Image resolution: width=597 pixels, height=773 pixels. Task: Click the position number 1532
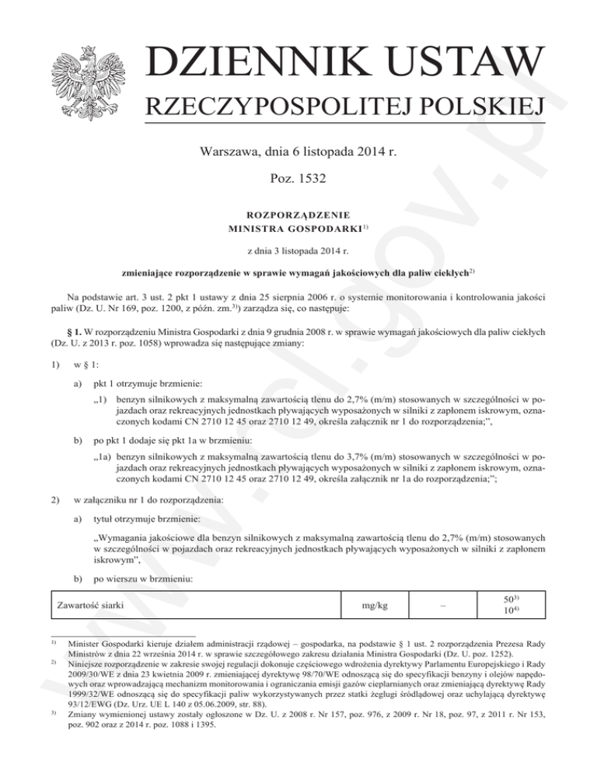[309, 179]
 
